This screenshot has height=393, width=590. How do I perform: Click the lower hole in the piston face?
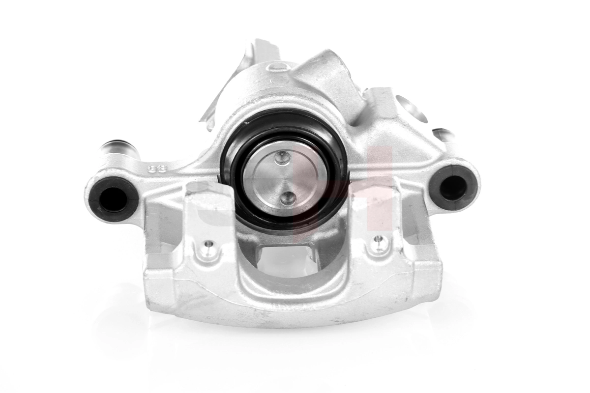coord(289,197)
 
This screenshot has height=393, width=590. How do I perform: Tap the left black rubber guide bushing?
coord(113,197)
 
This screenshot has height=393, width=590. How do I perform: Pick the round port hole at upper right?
coord(409,108)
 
